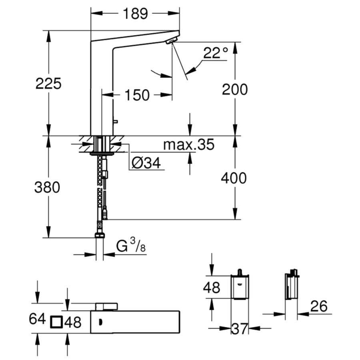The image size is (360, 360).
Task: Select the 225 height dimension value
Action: [x=48, y=84]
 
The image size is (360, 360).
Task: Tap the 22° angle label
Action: [x=215, y=53]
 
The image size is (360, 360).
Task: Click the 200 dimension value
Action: [x=235, y=89]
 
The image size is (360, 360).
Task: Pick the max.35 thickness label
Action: [x=188, y=145]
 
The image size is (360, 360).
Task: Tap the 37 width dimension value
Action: [x=240, y=329]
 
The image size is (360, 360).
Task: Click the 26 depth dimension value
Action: [x=318, y=306]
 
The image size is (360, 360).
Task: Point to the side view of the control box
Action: [x=291, y=286]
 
